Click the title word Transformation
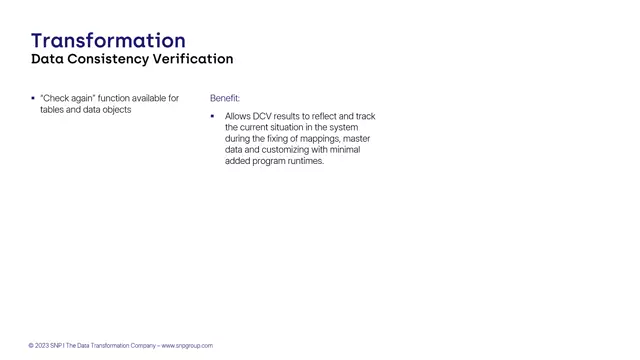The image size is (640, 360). click(108, 40)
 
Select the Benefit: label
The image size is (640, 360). click(225, 98)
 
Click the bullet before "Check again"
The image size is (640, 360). click(33, 98)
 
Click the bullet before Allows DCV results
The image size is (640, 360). click(213, 116)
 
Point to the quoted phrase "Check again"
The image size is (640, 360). click(67, 98)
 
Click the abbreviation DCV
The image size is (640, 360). click(263, 116)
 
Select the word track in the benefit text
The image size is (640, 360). click(364, 116)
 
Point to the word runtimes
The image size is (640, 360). click(305, 160)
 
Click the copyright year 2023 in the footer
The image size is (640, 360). click(41, 345)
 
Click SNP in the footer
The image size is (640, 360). click(56, 345)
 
